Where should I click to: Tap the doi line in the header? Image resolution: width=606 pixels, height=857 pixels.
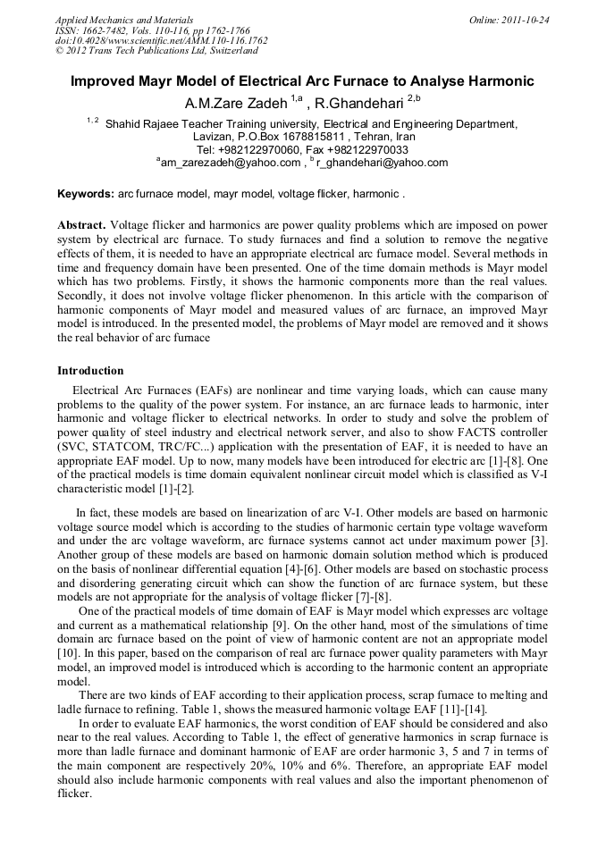click(x=161, y=40)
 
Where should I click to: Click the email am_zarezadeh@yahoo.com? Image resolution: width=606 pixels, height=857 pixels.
click(x=230, y=163)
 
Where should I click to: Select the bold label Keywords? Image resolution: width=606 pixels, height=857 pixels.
click(x=86, y=194)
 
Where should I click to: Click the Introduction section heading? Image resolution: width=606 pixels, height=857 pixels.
click(x=90, y=371)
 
